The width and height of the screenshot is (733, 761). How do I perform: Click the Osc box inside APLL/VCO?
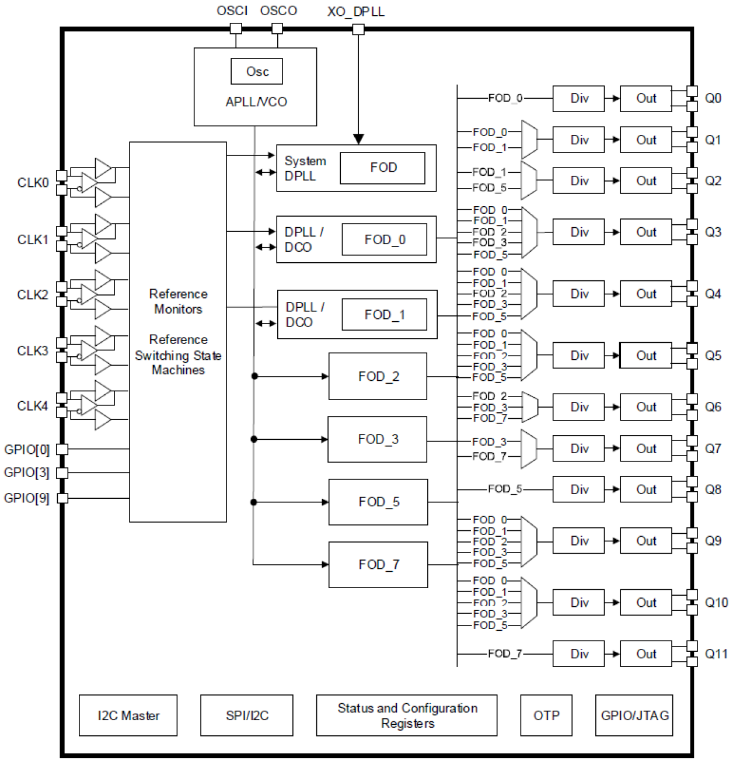click(257, 71)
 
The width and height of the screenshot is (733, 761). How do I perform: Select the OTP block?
click(546, 715)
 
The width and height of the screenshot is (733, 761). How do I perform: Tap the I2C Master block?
click(128, 715)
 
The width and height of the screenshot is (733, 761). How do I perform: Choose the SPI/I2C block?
click(246, 715)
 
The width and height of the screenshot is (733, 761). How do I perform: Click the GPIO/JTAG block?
click(634, 715)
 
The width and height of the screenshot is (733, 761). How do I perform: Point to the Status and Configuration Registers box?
click(407, 715)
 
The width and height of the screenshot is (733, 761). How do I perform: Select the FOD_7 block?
click(378, 564)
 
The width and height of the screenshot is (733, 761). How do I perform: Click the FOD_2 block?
click(378, 376)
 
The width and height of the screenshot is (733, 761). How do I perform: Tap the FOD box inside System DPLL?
click(383, 168)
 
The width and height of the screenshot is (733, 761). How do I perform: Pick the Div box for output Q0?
click(578, 98)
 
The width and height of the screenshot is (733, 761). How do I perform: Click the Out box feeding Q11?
click(645, 654)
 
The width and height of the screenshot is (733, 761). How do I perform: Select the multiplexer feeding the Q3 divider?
click(529, 232)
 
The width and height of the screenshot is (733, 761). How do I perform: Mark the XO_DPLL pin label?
click(355, 12)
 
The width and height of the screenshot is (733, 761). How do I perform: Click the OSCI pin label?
click(232, 11)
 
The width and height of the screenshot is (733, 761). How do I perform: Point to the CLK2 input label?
click(33, 294)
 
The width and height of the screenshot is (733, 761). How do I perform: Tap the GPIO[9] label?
click(26, 498)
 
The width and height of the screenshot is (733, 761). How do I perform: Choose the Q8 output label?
click(713, 489)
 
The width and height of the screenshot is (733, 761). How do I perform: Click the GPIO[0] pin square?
click(62, 449)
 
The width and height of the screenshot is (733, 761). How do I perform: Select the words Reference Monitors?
click(178, 301)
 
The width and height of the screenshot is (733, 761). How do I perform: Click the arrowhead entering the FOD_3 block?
click(324, 439)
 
